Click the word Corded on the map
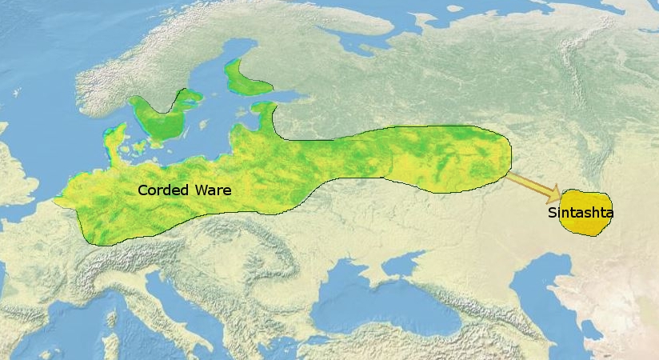click(162, 190)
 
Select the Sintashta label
click(581, 214)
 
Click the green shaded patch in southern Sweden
click(160, 120)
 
